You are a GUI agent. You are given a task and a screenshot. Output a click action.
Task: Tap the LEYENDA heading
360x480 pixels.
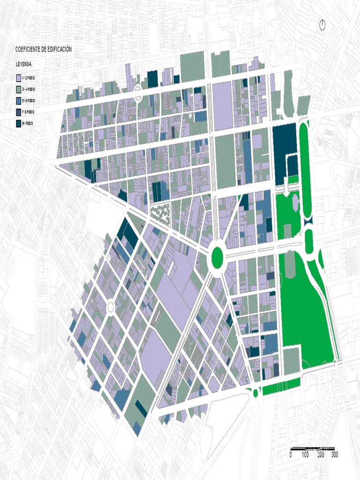(x=23, y=64)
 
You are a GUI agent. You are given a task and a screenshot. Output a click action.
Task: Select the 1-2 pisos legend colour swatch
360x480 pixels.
(x=18, y=78)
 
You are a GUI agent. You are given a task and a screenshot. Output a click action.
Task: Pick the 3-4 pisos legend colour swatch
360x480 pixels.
(x=18, y=89)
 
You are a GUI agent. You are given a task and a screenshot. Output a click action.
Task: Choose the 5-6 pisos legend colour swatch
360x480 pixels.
(x=18, y=101)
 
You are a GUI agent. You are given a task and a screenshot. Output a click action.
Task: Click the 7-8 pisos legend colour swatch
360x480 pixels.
(x=18, y=112)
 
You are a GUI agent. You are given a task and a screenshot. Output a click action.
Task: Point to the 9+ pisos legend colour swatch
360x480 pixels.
(x=18, y=123)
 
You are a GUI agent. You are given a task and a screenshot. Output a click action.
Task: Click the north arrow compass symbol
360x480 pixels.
(x=322, y=25)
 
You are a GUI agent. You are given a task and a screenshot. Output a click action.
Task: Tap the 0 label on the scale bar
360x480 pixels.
(x=291, y=455)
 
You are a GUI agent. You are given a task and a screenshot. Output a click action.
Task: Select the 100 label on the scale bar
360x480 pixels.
(x=305, y=455)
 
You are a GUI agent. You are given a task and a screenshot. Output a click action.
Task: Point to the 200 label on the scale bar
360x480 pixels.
(x=321, y=455)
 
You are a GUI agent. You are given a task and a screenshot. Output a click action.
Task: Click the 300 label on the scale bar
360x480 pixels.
(x=335, y=455)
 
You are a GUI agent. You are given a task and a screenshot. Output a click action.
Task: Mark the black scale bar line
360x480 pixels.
(x=312, y=449)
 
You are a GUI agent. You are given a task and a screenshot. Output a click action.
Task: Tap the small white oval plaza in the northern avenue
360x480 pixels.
(x=138, y=93)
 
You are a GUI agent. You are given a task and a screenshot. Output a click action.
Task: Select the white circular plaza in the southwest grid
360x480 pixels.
(x=111, y=307)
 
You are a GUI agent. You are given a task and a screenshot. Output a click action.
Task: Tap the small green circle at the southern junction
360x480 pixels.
(x=255, y=393)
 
